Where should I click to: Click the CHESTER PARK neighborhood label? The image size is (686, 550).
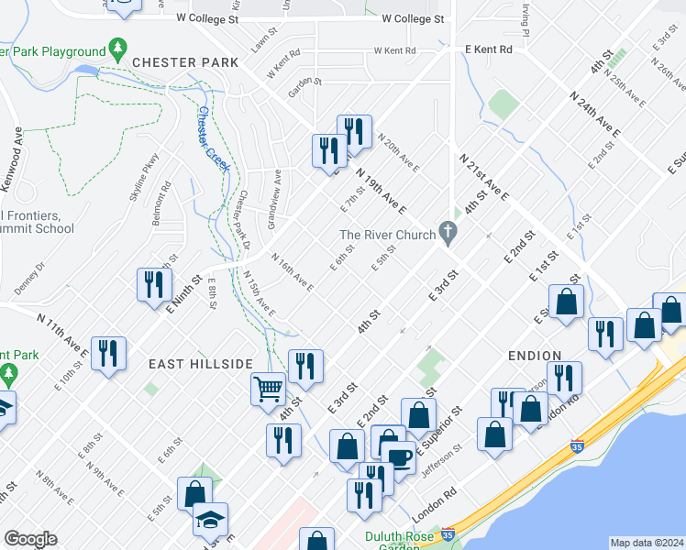pyautogui.click(x=184, y=62)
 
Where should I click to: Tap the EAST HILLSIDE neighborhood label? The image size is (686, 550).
pyautogui.click(x=201, y=364)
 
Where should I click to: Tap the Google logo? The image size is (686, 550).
pyautogui.click(x=30, y=539)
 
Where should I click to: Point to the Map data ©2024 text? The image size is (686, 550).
pyautogui.click(x=647, y=543)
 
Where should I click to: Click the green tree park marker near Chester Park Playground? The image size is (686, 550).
pyautogui.click(x=116, y=47)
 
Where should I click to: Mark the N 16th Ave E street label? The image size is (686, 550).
pyautogui.click(x=291, y=275)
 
